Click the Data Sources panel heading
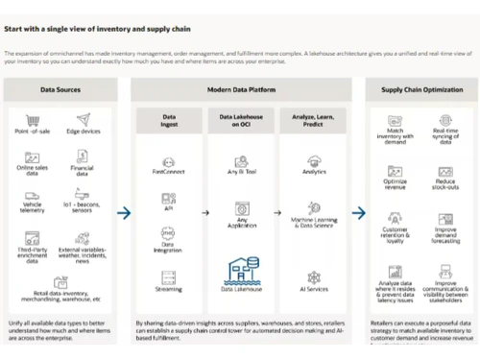tap(60, 88)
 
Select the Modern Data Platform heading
tap(236, 88)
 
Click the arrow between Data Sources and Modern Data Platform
tap(124, 213)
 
